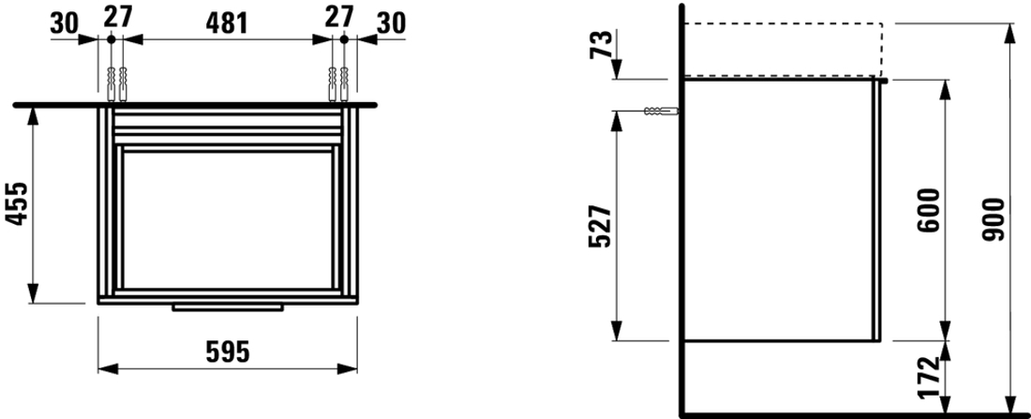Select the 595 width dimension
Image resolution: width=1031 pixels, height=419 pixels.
[x=228, y=353]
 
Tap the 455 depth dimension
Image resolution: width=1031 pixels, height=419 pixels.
[x=18, y=204]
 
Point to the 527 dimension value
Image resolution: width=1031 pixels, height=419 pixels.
[x=600, y=226]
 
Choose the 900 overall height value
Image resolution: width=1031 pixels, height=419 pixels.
[x=994, y=218]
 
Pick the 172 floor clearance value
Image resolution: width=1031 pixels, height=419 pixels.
[x=930, y=378]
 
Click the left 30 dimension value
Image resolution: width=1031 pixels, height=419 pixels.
[x=65, y=23]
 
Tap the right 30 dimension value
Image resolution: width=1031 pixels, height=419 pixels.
[x=391, y=23]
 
